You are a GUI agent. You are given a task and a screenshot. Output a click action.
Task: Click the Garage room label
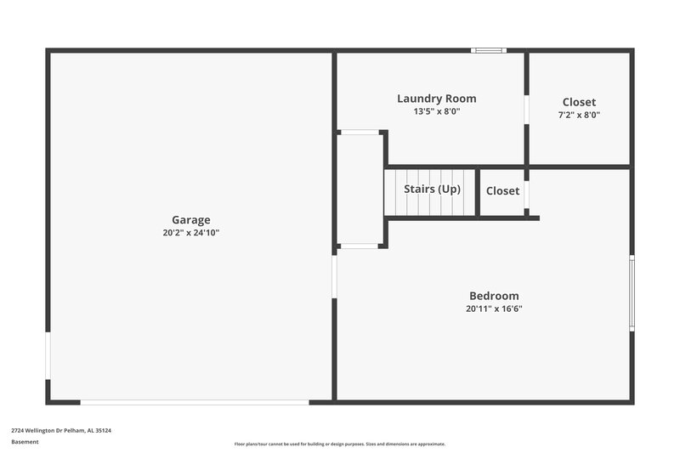click(190, 219)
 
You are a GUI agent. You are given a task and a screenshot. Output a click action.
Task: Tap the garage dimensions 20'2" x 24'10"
click(190, 232)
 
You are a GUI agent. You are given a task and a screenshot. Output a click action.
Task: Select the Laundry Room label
click(436, 99)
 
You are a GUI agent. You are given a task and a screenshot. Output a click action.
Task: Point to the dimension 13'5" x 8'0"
click(436, 111)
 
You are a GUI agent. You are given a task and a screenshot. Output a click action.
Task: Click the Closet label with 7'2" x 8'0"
click(579, 102)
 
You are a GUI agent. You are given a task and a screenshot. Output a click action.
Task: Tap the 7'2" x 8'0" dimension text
click(579, 114)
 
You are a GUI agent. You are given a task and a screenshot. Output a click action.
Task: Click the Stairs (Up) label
click(432, 189)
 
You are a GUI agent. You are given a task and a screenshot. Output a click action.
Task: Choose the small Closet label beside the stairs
click(502, 191)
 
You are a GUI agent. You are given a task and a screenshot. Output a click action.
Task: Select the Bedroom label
click(494, 296)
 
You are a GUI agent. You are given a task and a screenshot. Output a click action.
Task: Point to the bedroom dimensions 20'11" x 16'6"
click(494, 309)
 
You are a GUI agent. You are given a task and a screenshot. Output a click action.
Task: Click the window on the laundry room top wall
click(489, 51)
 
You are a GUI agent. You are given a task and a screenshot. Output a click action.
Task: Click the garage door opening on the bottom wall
click(194, 402)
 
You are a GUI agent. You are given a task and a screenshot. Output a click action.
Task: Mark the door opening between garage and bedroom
click(334, 277)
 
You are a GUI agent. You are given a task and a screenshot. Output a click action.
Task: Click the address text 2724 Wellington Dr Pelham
click(61, 430)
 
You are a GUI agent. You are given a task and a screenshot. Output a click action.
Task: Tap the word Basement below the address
click(25, 442)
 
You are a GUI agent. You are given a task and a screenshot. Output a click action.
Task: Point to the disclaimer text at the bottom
click(340, 444)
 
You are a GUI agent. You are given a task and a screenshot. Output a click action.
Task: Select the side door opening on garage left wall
click(48, 355)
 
